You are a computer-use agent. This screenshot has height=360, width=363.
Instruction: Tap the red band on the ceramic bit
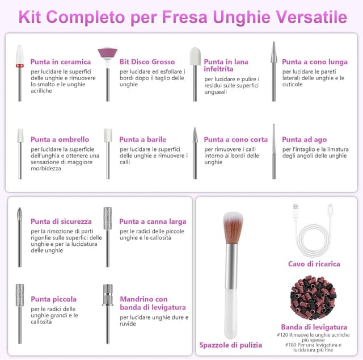tap(20, 66)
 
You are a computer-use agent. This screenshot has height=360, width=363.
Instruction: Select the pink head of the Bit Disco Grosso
tap(107, 53)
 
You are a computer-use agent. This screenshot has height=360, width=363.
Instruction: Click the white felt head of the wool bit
tap(195, 56)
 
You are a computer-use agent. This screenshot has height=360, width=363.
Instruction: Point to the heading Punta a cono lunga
tap(315, 62)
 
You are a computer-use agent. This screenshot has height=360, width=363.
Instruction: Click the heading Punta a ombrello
tap(60, 139)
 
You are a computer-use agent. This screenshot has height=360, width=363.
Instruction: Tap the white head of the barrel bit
tap(108, 135)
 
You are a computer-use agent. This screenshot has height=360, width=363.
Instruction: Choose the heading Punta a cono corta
tap(236, 139)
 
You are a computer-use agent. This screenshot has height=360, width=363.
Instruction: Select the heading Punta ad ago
tap(304, 140)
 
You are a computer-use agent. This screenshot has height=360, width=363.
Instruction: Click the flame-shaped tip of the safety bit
tap(20, 214)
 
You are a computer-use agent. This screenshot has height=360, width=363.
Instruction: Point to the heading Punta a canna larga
tap(153, 221)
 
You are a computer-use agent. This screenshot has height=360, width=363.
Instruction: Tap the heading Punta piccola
tap(53, 299)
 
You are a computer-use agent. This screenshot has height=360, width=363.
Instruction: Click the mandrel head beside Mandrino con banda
tap(108, 295)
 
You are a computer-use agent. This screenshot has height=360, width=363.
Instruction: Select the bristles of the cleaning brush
tap(233, 227)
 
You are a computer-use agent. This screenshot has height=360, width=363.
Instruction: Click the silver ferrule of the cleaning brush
tap(231, 266)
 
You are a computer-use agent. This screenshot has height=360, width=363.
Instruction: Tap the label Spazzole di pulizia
tap(231, 345)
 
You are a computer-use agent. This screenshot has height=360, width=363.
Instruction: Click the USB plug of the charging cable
tap(296, 211)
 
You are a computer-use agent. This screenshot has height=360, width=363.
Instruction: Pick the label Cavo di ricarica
tap(314, 264)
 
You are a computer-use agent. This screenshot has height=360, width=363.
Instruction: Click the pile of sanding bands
tap(313, 298)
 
